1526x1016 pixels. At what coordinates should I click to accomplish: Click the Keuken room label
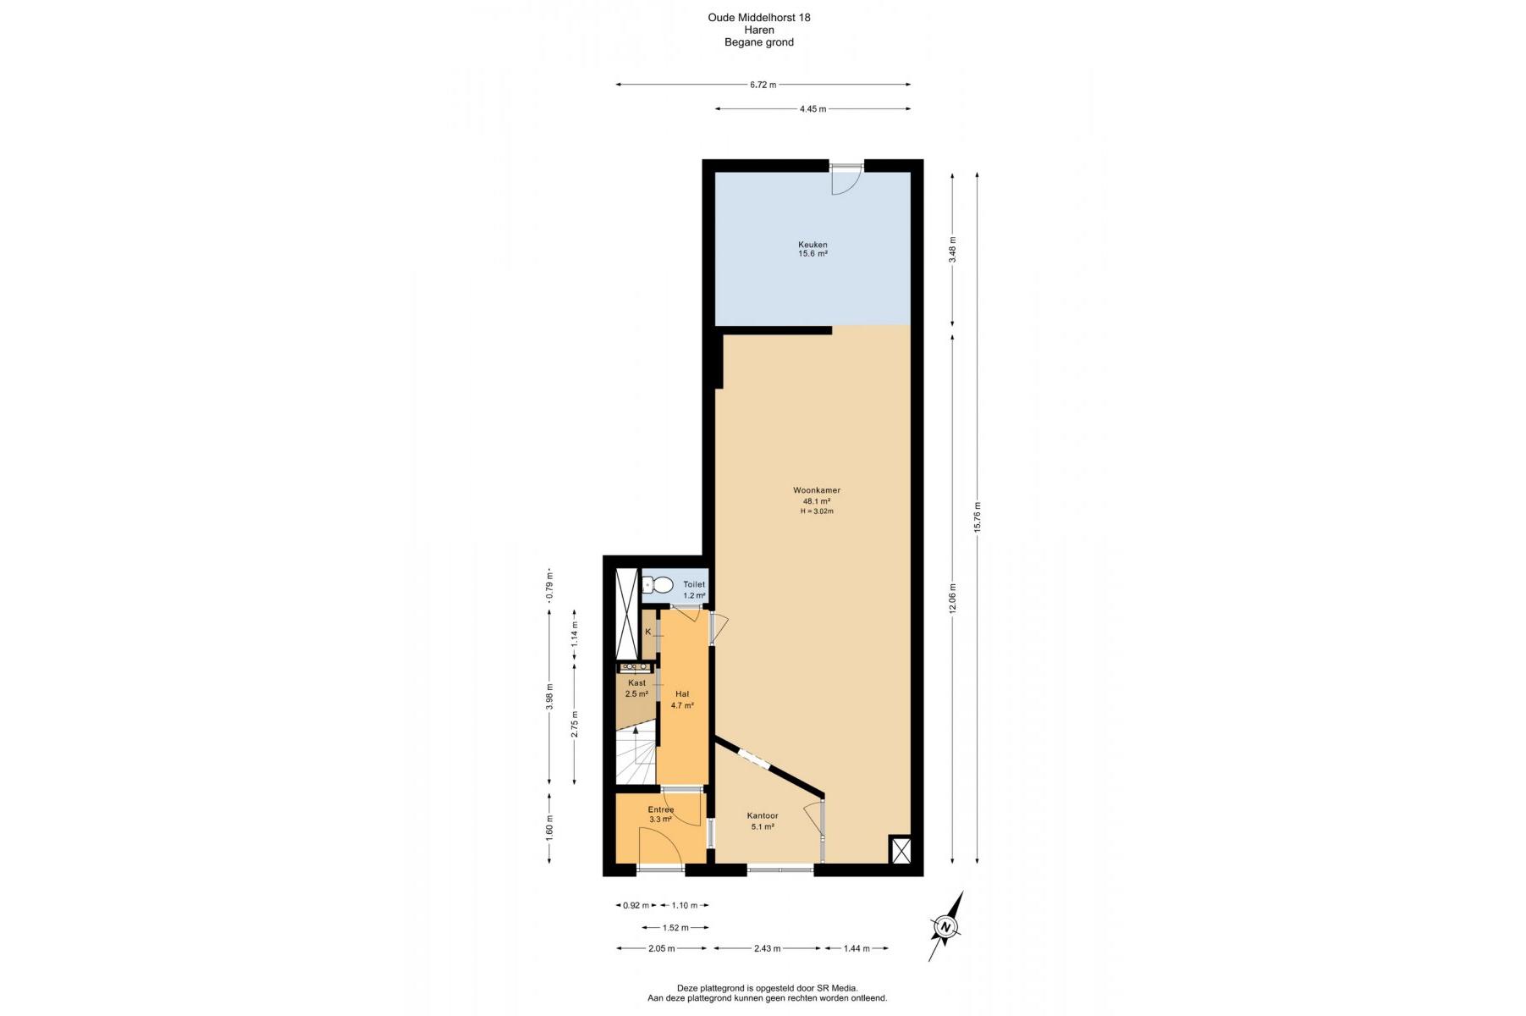[813, 245]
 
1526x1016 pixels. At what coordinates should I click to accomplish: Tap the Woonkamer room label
[817, 490]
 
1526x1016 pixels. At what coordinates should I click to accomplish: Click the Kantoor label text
[763, 816]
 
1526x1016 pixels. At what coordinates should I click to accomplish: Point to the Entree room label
[661, 809]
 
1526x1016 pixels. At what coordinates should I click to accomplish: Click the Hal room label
[682, 694]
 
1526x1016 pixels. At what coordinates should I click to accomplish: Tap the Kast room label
[636, 683]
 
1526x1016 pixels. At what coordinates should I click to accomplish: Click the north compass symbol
[945, 926]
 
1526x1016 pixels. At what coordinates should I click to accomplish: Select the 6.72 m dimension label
[763, 85]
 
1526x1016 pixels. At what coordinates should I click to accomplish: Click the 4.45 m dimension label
[813, 109]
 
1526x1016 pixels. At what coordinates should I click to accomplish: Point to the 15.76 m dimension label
[978, 517]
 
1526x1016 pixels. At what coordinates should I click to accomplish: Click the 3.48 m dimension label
[952, 250]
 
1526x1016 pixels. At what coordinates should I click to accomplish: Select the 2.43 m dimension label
[767, 948]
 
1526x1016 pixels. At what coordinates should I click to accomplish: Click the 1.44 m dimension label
[857, 948]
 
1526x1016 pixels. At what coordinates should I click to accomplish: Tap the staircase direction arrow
[636, 745]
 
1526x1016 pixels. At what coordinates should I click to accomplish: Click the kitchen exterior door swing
[846, 180]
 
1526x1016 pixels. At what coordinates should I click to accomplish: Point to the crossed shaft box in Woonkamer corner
[901, 850]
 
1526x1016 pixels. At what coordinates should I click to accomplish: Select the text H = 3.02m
[817, 511]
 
